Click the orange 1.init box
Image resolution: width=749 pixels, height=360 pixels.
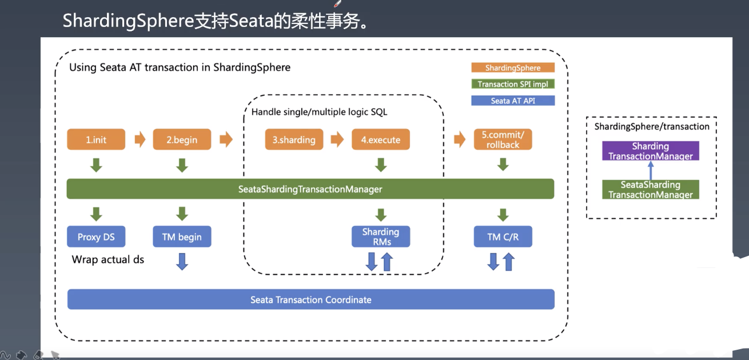96,140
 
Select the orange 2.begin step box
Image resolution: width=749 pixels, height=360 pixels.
182,140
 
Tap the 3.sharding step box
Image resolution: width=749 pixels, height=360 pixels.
294,140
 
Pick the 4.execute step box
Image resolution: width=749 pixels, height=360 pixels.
381,140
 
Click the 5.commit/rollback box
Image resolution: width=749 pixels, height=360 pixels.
503,140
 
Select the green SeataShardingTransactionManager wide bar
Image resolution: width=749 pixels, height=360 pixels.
310,189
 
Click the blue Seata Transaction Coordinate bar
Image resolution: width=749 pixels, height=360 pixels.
310,299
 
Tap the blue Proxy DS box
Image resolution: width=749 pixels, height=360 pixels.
96,237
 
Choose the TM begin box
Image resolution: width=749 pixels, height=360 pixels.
182,237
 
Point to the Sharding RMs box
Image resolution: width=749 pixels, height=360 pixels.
381,237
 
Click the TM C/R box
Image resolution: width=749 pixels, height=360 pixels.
503,237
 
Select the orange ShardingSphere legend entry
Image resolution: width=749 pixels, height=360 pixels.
513,67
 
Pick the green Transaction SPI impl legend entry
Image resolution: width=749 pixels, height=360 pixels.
513,84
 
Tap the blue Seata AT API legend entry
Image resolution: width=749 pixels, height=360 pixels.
513,101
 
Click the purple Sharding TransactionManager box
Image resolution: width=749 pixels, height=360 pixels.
651,151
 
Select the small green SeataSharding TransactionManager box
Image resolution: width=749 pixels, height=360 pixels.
651,190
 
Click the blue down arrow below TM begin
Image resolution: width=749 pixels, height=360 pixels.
182,262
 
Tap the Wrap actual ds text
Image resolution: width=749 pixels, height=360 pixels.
108,259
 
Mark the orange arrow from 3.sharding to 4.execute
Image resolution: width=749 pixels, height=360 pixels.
337,140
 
